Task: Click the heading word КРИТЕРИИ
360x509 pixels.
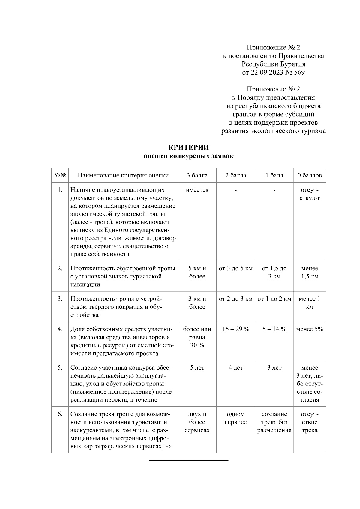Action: (x=188, y=147)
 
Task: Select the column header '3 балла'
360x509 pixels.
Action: (x=197, y=175)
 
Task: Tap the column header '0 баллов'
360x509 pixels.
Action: (x=310, y=175)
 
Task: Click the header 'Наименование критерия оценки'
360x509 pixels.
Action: (x=123, y=175)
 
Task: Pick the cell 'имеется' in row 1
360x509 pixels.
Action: (x=197, y=190)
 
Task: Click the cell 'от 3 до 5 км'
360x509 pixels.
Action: (x=236, y=269)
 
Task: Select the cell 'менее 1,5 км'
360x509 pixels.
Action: (x=310, y=272)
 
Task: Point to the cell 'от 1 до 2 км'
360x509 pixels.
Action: (x=274, y=299)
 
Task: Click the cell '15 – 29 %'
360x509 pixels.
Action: (x=236, y=329)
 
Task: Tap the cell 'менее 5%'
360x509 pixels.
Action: (x=310, y=329)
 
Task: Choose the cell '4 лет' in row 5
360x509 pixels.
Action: (x=236, y=368)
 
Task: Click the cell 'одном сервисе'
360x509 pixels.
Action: (x=236, y=418)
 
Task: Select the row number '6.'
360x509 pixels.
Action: (x=60, y=414)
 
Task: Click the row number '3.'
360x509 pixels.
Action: (x=60, y=299)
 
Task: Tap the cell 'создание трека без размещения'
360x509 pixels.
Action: (x=274, y=422)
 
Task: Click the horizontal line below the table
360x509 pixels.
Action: (x=189, y=460)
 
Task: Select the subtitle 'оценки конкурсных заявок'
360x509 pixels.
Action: (x=188, y=156)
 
